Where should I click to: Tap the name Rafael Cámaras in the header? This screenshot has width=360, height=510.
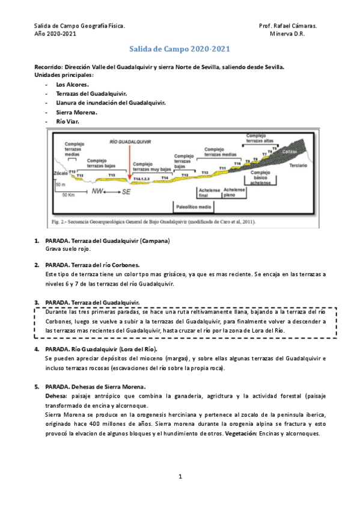[295, 26]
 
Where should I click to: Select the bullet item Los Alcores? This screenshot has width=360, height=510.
[72, 85]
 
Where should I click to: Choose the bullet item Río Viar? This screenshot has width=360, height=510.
[67, 121]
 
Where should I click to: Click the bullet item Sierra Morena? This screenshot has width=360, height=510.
[76, 112]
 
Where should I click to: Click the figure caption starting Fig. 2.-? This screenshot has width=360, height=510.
[154, 222]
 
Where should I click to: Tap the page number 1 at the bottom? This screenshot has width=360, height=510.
[180, 477]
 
